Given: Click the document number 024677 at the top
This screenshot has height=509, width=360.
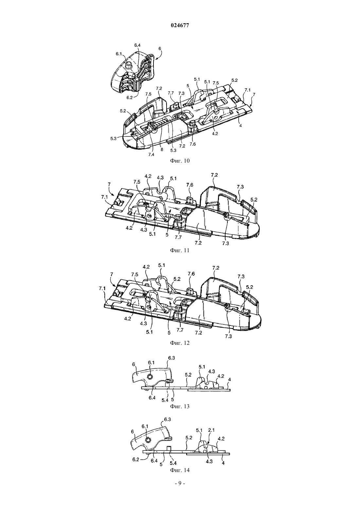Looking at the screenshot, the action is [x=180, y=26].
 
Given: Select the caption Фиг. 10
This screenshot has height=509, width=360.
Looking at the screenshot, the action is [x=180, y=161].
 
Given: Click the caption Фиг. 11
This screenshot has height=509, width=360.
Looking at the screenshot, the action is [x=180, y=250].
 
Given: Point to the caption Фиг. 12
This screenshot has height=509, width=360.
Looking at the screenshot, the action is [x=180, y=343].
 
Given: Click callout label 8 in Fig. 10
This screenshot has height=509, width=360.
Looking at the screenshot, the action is [x=162, y=150].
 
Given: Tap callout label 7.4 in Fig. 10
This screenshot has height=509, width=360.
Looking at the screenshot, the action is [x=151, y=154].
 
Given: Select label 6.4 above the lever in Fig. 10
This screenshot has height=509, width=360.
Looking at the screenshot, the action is [x=137, y=45].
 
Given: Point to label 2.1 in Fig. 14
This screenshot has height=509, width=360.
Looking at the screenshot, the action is [x=211, y=430].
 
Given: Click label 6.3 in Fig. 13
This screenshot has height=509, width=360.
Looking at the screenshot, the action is [x=171, y=358].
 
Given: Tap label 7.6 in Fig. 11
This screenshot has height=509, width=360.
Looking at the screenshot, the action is [x=190, y=185].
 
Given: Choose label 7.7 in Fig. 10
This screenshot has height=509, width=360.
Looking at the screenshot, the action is [x=171, y=93].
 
